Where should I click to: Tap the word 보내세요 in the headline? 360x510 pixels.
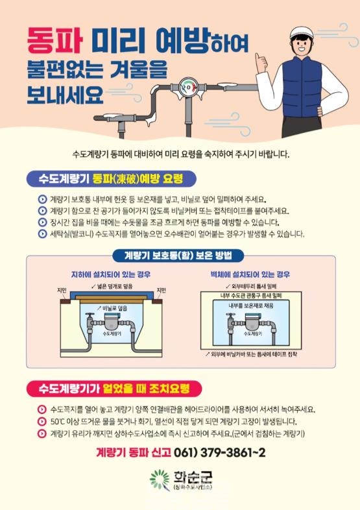pos(65,95)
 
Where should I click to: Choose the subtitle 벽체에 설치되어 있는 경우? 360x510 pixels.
pos(250,274)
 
